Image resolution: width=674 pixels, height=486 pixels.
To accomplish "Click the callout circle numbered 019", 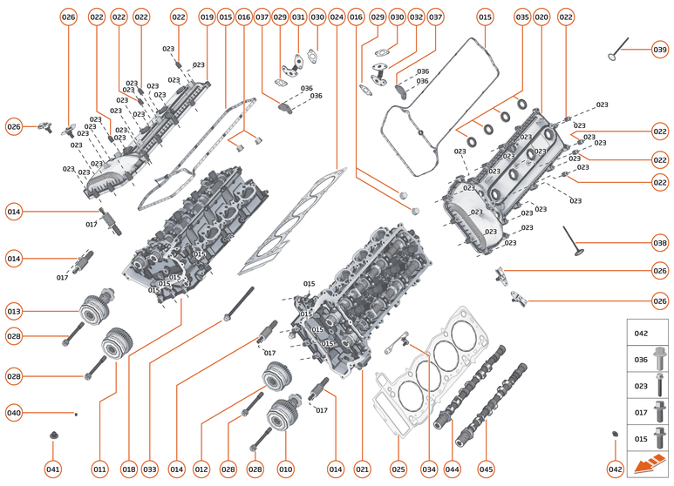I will [x=207, y=17].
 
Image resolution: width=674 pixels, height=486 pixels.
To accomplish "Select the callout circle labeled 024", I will [x=337, y=17].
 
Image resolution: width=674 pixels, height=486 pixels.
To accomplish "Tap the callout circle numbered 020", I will [x=541, y=17].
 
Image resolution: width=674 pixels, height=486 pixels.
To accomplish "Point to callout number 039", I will [x=660, y=49].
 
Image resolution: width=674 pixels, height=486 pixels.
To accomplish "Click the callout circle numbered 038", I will [x=660, y=242].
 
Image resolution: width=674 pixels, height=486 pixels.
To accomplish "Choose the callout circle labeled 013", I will [x=14, y=311].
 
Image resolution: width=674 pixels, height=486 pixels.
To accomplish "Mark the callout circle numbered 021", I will [x=362, y=469].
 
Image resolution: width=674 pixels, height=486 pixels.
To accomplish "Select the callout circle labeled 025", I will [x=398, y=469].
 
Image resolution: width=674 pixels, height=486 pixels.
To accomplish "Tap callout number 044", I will [x=452, y=469].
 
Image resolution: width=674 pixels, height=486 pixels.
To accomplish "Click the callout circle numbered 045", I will [x=486, y=469].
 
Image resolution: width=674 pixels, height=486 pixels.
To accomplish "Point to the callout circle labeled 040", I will [x=14, y=413].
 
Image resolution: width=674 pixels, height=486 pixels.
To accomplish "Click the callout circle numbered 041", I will [x=53, y=469].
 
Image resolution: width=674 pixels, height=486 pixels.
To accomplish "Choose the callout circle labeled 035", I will [x=521, y=17].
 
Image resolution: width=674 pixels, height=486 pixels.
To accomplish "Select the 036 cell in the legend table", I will [x=650, y=358].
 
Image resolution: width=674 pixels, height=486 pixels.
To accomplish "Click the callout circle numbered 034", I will [x=428, y=469].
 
